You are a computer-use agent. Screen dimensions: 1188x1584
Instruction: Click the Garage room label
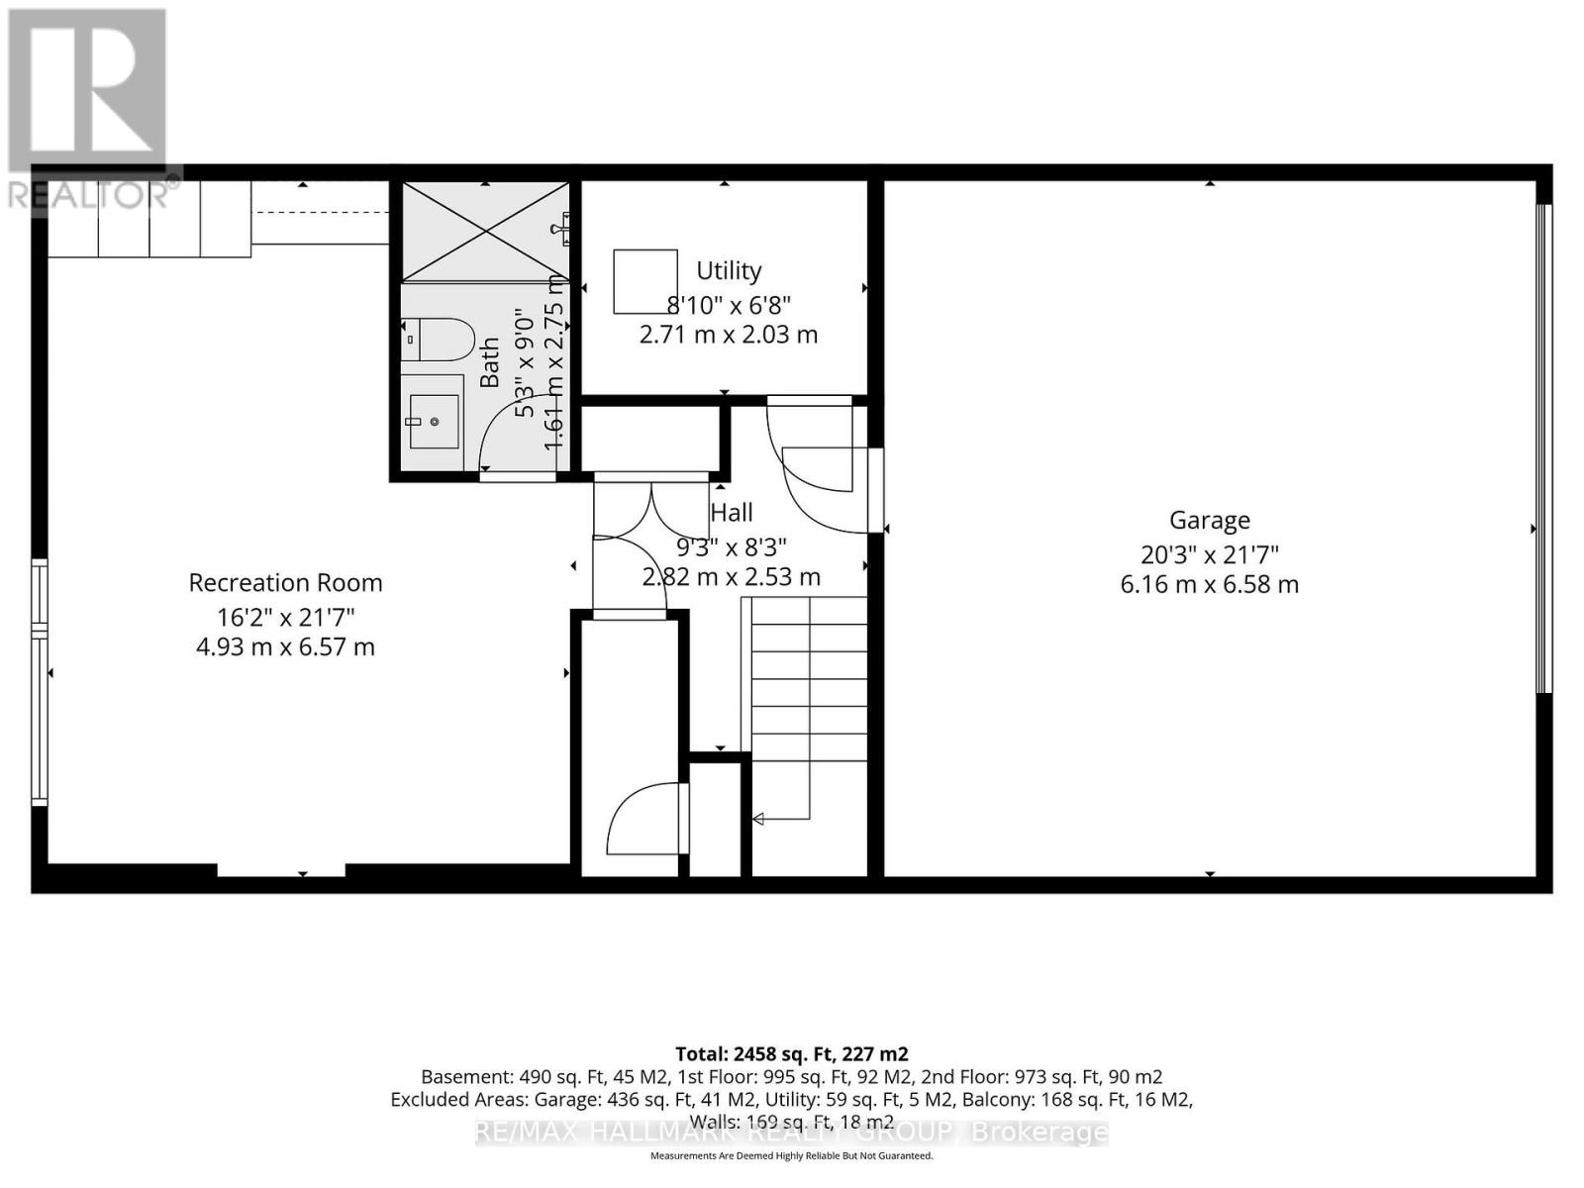point(1209,520)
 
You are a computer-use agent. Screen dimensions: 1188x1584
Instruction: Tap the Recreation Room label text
point(285,583)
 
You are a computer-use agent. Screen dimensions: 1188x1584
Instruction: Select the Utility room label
point(729,270)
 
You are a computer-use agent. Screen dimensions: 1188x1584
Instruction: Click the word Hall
point(732,512)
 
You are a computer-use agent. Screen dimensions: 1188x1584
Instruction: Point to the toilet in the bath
point(439,340)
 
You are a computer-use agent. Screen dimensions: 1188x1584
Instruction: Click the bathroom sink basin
point(434,422)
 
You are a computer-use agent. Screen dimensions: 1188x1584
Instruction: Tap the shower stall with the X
point(485,232)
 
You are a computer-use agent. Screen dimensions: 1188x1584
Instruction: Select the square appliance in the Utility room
point(645,281)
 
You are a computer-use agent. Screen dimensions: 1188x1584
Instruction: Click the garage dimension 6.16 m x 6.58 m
point(1209,584)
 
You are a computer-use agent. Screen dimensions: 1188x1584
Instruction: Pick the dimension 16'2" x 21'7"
point(285,617)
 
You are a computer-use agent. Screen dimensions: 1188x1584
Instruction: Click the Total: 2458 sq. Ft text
point(791,1053)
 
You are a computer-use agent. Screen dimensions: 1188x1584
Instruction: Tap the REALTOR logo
point(89,109)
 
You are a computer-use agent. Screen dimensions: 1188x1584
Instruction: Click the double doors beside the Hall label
point(650,512)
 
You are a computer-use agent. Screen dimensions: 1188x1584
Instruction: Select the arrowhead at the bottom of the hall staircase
point(758,819)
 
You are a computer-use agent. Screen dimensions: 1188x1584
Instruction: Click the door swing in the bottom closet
point(643,819)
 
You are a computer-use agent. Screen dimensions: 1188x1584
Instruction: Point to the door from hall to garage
point(875,490)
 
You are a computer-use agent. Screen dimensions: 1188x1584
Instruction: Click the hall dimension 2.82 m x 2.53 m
point(732,577)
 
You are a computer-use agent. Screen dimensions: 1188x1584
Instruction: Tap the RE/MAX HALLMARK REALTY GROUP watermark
point(791,1132)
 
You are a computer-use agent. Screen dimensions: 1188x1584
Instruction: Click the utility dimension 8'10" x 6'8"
point(729,304)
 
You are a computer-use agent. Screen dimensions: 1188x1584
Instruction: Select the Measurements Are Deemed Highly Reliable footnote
point(791,1155)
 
